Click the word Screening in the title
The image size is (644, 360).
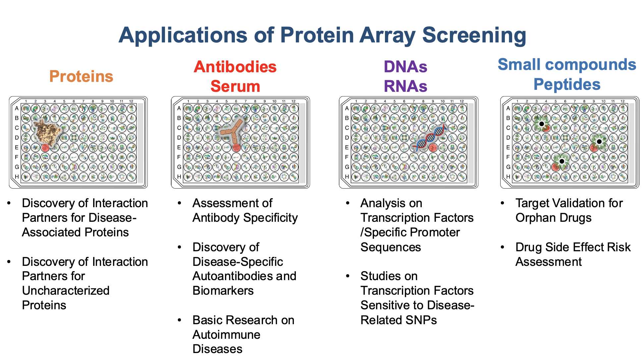pos(474,35)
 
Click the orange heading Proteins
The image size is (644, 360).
pos(81,76)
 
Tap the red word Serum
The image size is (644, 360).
pos(235,86)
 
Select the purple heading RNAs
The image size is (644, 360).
pos(405,86)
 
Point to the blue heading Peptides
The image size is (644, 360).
pos(567,85)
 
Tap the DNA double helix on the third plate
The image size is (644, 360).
pos(430,137)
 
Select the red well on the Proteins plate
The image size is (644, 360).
pos(45,147)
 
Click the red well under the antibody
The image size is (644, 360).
pos(236,147)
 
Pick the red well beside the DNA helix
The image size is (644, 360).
pos(433,147)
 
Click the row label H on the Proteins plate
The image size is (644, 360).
pos(17,177)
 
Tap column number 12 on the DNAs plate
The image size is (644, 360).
pos(461,101)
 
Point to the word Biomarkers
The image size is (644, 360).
pos(223,291)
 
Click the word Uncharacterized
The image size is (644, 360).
pos(66,291)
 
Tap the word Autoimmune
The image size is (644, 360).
pos(226,334)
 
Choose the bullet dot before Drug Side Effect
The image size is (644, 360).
pos(503,247)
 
